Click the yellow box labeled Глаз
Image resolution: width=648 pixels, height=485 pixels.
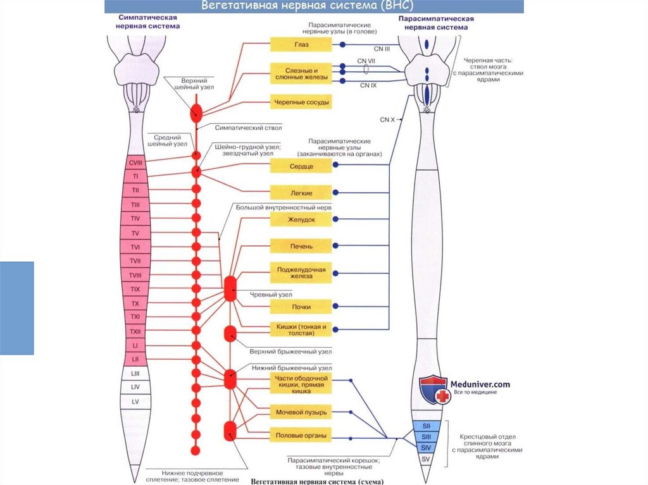(x=301, y=45)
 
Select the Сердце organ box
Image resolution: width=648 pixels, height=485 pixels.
(x=301, y=165)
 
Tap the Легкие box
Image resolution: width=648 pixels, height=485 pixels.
(x=301, y=192)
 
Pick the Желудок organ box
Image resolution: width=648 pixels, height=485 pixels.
(x=301, y=219)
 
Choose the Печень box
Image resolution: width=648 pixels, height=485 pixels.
(x=301, y=245)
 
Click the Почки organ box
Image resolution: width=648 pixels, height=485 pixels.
(x=301, y=307)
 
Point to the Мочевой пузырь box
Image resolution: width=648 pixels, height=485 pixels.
(x=301, y=413)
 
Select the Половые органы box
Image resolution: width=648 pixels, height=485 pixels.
(x=301, y=436)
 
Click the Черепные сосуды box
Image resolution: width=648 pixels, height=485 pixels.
(x=301, y=101)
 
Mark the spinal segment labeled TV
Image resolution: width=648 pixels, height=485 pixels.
(x=135, y=233)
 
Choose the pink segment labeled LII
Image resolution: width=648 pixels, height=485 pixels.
(x=135, y=359)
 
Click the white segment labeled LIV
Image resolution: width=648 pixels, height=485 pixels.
(x=135, y=386)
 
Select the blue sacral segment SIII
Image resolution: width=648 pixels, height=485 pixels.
(x=426, y=436)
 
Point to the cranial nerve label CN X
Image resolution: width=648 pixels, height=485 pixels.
(x=387, y=119)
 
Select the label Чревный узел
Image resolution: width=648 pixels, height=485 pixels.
(x=271, y=295)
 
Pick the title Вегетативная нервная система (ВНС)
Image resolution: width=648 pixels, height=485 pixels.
(x=308, y=6)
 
